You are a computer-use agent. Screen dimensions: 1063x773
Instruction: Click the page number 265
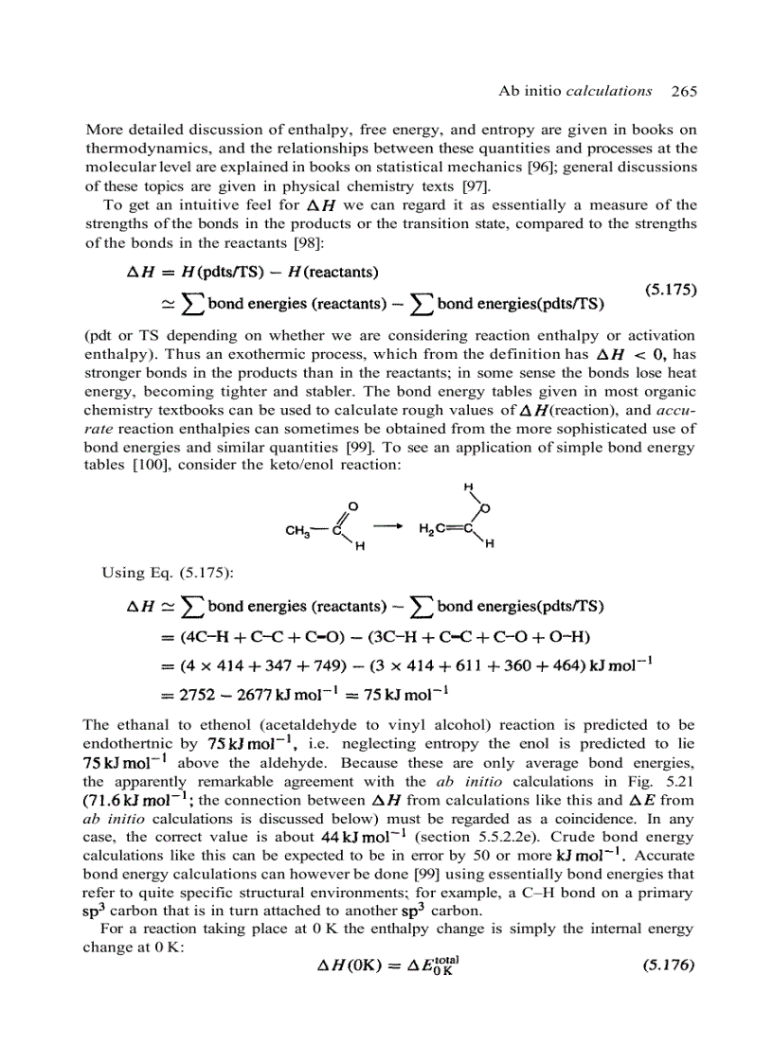[x=683, y=91]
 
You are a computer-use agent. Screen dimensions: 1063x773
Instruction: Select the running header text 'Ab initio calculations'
[x=575, y=91]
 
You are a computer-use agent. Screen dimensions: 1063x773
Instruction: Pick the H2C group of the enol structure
[x=433, y=529]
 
